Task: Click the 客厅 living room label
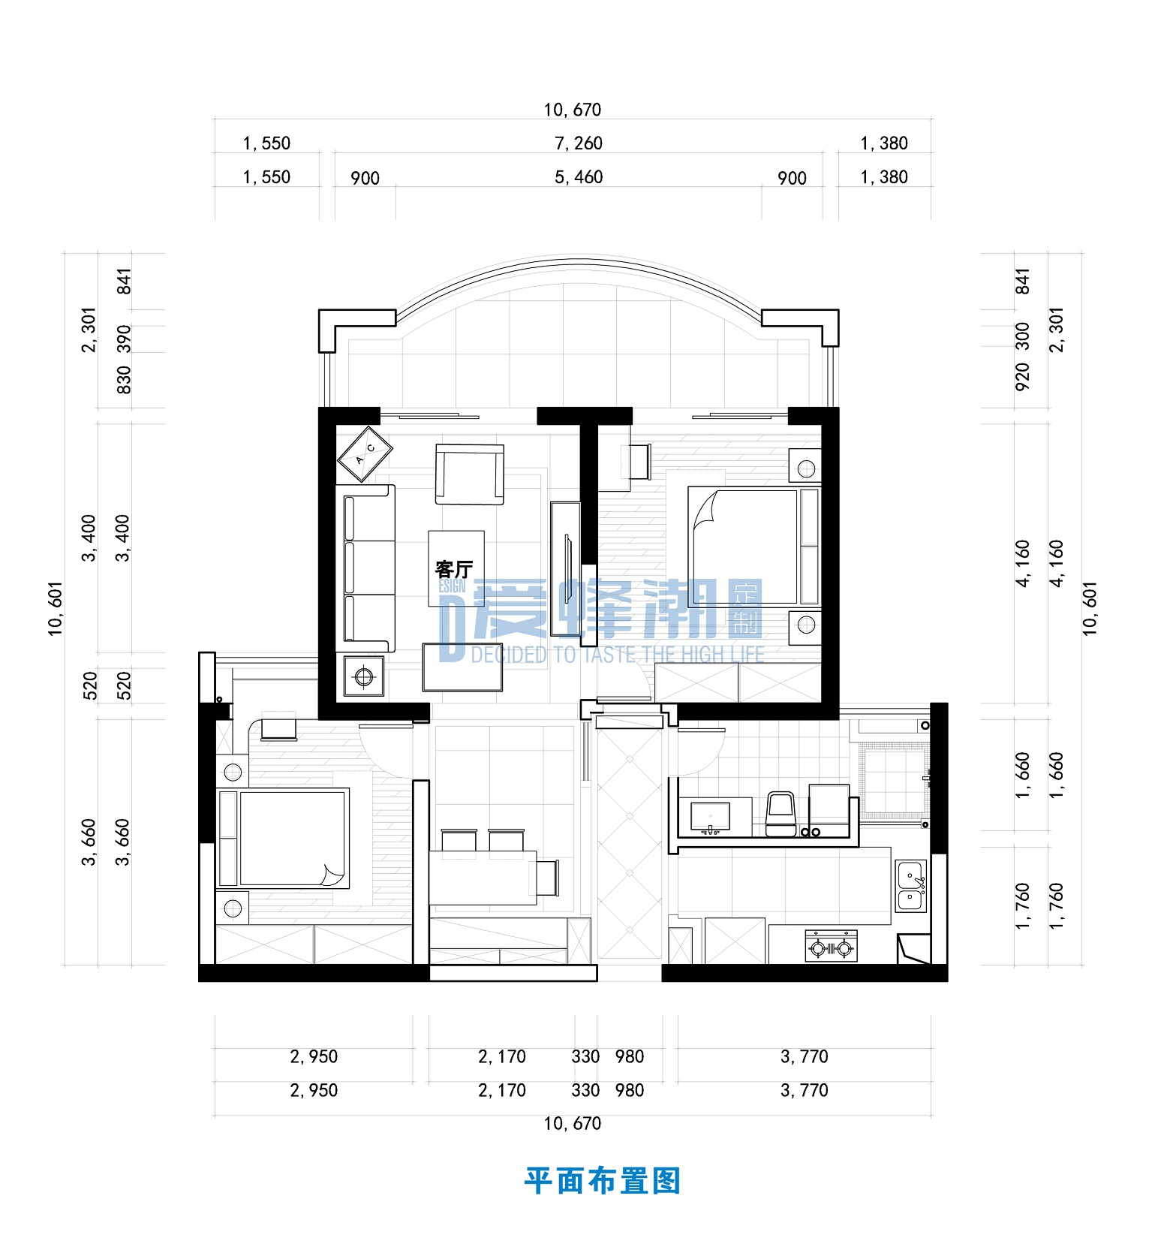tap(454, 568)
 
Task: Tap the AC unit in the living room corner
tap(365, 453)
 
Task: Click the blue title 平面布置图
tap(602, 1181)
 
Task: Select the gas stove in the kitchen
tap(832, 946)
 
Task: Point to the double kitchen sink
tap(911, 886)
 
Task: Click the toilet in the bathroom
tap(781, 813)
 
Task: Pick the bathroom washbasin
tap(710, 816)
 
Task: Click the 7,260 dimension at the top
tap(579, 143)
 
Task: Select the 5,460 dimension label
tap(579, 177)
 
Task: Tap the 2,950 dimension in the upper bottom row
tap(314, 1056)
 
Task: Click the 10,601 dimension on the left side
tap(56, 608)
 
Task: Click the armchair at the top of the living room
tap(470, 474)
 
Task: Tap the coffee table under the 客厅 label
tap(456, 568)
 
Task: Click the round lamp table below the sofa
tap(364, 676)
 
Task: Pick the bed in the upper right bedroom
tap(753, 546)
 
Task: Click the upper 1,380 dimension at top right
tap(884, 143)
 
